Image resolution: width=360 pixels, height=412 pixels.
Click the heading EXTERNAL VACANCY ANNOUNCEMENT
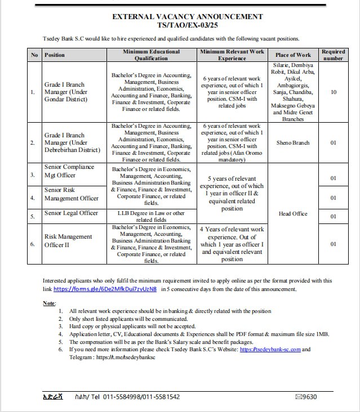180,17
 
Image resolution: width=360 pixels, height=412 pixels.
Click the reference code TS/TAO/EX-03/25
180,26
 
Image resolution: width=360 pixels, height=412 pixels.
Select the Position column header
55,55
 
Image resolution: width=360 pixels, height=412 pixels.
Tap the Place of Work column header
293,55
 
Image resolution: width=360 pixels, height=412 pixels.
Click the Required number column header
333,55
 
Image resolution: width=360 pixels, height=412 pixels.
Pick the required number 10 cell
333,92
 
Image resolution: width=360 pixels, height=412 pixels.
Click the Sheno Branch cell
293,143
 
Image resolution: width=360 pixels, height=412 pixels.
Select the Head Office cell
293,214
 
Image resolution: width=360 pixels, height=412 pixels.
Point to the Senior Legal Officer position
71,213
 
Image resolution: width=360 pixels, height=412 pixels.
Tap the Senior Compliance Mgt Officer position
69,171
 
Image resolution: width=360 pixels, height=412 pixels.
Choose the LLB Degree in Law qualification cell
151,217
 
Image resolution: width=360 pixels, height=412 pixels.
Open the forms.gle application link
104,289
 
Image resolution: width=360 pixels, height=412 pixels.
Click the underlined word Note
49,303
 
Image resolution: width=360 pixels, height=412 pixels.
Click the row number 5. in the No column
33,216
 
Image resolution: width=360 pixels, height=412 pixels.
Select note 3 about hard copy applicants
132,326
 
